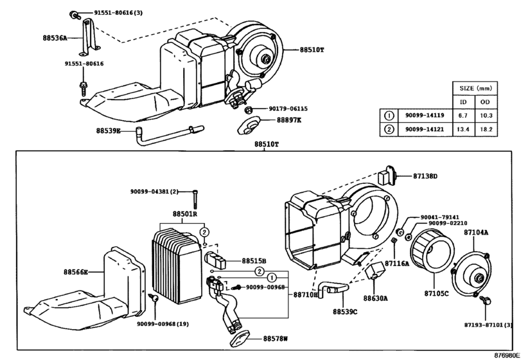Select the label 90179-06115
coord(288,109)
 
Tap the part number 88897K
coord(289,120)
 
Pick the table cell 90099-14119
coord(424,116)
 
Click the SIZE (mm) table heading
coord(473,88)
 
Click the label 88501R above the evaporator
coord(184,213)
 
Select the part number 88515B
coord(254,260)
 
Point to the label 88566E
coord(76,273)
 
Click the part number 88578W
coord(276,338)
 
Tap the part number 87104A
coord(477,232)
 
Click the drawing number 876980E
coord(507,355)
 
